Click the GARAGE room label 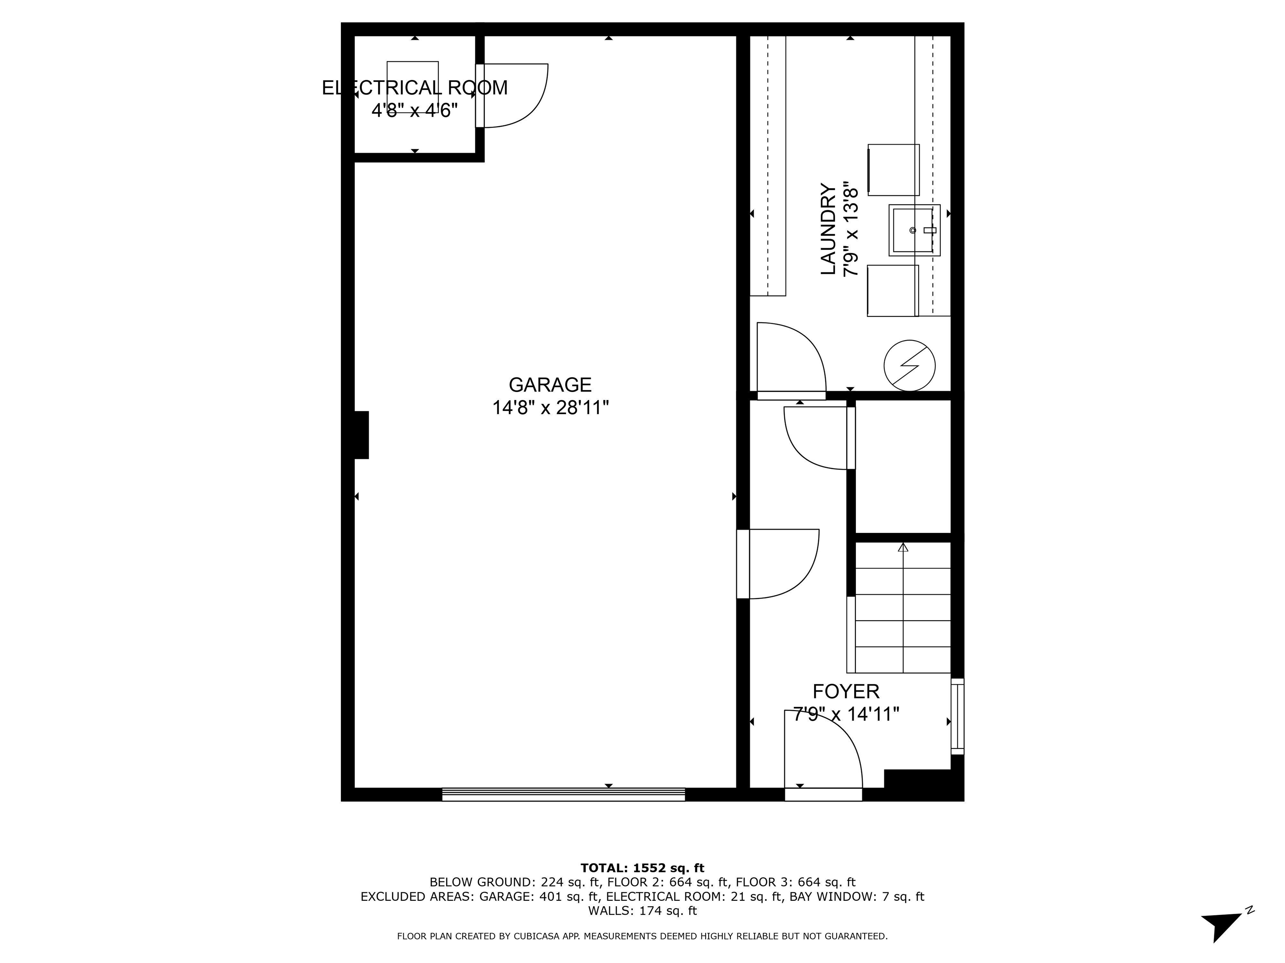pyautogui.click(x=550, y=385)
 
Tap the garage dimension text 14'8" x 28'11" pyautogui.click(x=550, y=408)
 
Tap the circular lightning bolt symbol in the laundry pyautogui.click(x=909, y=365)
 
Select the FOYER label pyautogui.click(x=845, y=691)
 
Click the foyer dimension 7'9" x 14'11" pyautogui.click(x=845, y=714)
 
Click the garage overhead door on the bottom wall pyautogui.click(x=563, y=794)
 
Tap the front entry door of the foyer pyautogui.click(x=823, y=794)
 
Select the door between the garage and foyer pyautogui.click(x=743, y=564)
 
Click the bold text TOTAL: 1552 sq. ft pyautogui.click(x=642, y=868)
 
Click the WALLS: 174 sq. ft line pyautogui.click(x=642, y=911)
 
